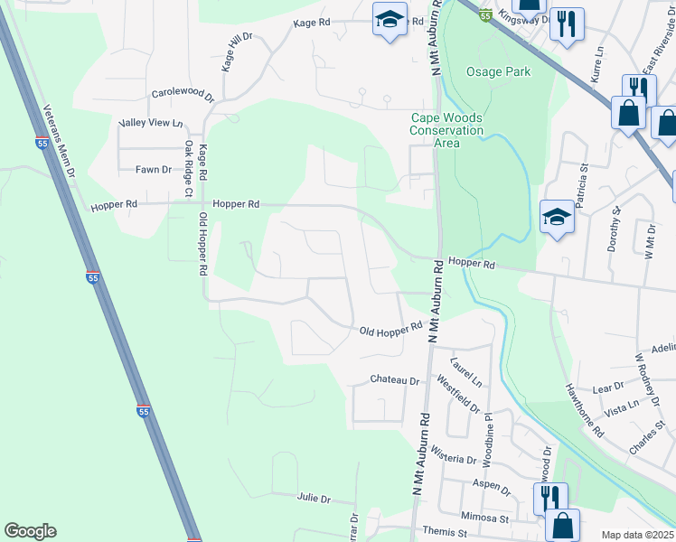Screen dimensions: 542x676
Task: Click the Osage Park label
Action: coord(498,71)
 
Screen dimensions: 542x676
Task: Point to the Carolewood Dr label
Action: coord(183,94)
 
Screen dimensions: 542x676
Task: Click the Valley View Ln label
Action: coord(151,123)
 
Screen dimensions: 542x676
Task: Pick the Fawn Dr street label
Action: coord(153,169)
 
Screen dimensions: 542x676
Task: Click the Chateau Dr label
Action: coord(396,381)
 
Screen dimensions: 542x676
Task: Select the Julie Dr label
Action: coord(314,499)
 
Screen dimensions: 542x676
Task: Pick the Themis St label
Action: coord(448,533)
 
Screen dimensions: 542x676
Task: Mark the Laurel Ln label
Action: coord(466,367)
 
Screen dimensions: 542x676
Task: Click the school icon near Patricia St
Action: coord(558,217)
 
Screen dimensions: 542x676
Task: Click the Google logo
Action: coord(30,532)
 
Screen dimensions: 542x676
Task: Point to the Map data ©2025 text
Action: coord(636,535)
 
